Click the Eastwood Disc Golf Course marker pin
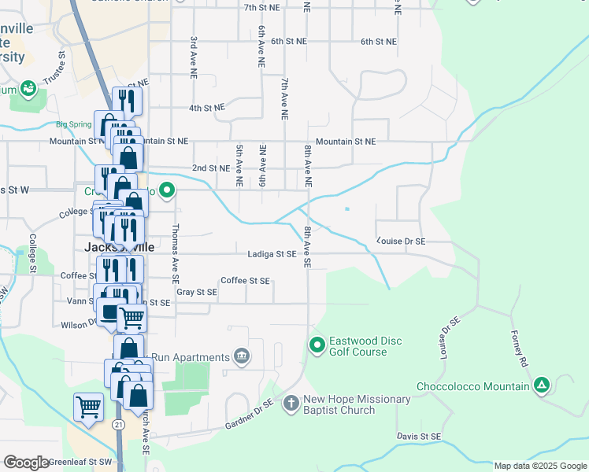point(317,345)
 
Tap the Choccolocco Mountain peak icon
point(541,385)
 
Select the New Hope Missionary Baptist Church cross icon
point(291,404)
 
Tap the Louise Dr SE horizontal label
point(402,242)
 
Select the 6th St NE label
point(379,41)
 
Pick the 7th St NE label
point(263,7)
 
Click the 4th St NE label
point(207,108)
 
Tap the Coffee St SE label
point(245,280)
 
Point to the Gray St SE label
point(196,292)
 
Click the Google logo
point(27,463)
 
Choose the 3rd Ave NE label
point(192,58)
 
